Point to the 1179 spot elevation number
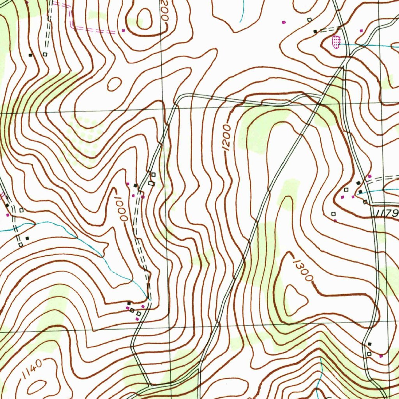388,213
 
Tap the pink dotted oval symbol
335,41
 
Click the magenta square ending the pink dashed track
124,30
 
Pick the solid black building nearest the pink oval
315,31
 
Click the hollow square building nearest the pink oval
309,19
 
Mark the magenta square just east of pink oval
361,30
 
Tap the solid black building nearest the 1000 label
135,185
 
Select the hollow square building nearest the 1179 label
365,202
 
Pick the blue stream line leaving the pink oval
366,45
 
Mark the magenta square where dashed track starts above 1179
369,177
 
